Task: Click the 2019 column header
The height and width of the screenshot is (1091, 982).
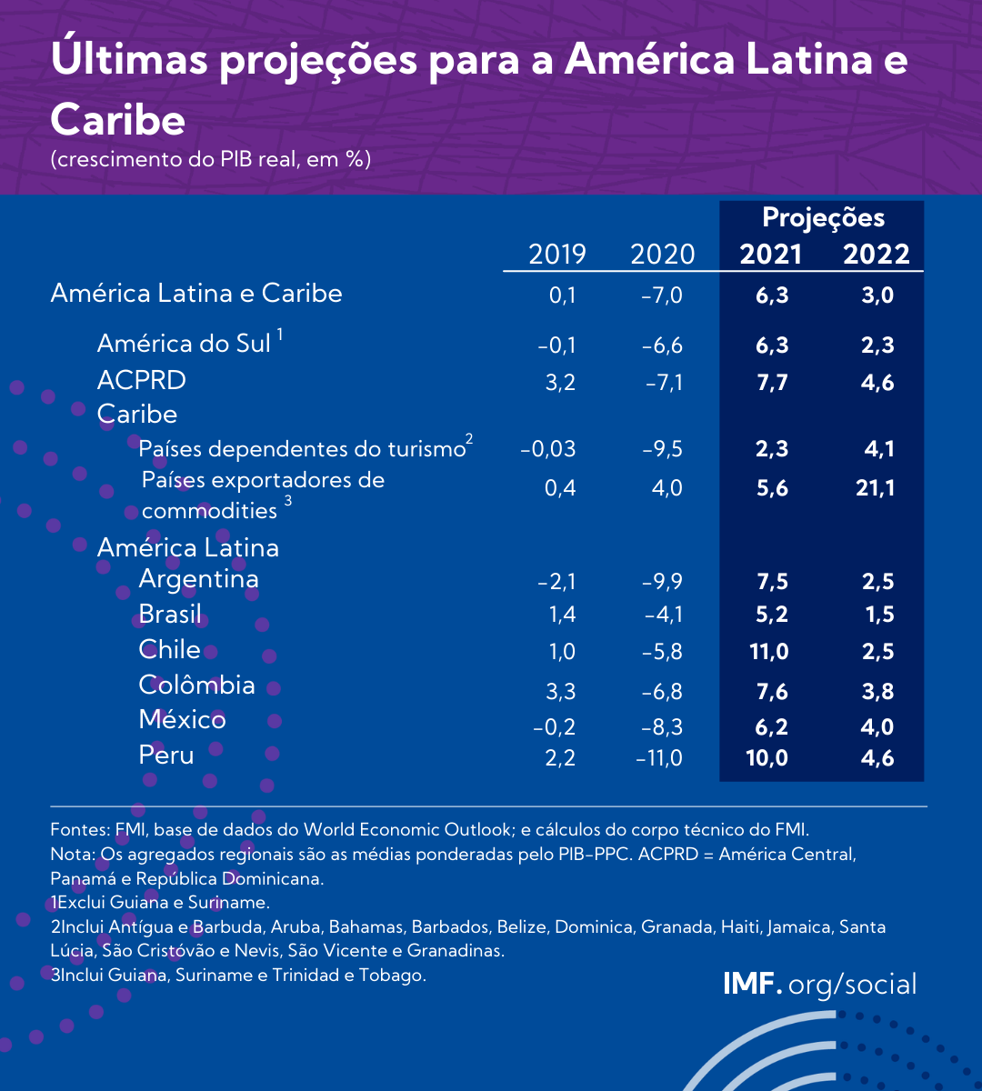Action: click(557, 254)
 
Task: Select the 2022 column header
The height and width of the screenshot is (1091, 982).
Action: click(876, 254)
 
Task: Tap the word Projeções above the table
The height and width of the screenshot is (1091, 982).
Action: click(823, 218)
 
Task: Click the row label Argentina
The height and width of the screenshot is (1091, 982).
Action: click(198, 579)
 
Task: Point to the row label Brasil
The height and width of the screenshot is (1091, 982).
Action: click(170, 614)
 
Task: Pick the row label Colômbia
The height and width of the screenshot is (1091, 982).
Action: click(196, 685)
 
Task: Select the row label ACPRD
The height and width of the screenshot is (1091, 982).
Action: click(141, 379)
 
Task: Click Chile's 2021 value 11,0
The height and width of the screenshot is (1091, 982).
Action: click(767, 652)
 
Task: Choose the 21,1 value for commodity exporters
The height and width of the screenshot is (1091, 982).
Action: click(875, 488)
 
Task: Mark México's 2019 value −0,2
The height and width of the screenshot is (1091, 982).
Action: click(556, 727)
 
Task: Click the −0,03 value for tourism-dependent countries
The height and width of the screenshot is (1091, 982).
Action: click(547, 449)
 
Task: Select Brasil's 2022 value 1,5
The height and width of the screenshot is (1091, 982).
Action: click(879, 615)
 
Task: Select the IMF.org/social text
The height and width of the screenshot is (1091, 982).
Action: click(819, 984)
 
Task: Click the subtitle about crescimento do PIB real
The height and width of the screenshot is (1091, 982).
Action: click(210, 159)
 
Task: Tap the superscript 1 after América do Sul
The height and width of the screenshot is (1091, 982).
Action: click(281, 335)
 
